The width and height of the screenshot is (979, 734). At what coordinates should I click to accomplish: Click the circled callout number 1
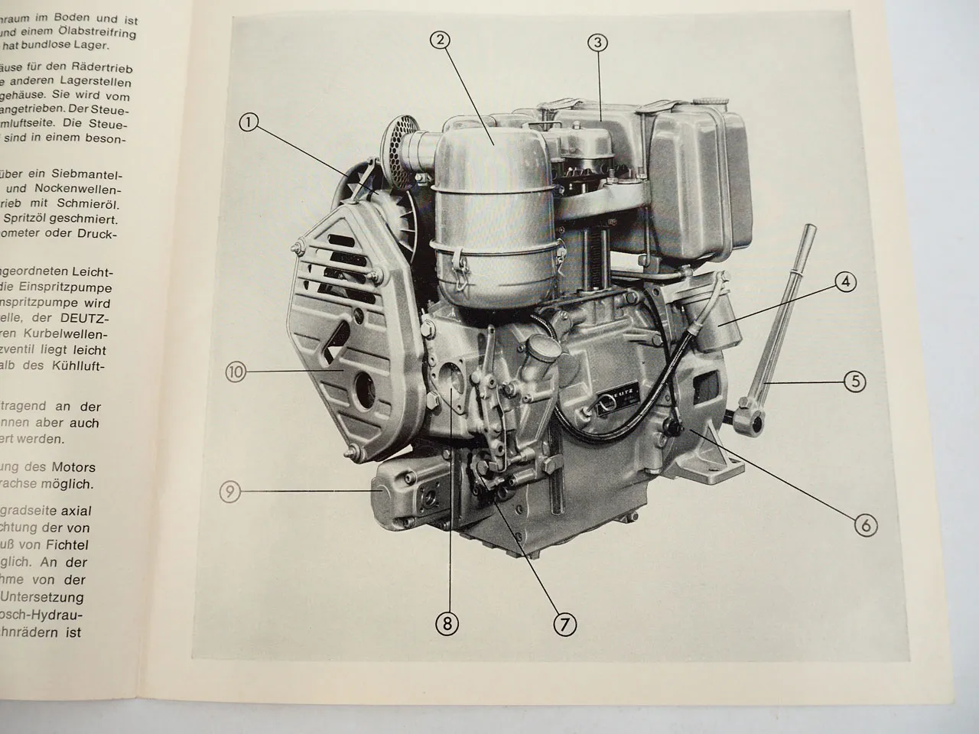tap(249, 122)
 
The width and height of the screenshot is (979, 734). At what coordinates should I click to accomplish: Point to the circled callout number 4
tap(845, 282)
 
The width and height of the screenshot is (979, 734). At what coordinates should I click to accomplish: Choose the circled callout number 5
tap(854, 380)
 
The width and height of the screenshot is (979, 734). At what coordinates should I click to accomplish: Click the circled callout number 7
tap(564, 625)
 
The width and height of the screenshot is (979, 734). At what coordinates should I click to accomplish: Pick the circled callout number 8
tap(447, 624)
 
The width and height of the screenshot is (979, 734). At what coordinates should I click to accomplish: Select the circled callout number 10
tap(236, 372)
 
